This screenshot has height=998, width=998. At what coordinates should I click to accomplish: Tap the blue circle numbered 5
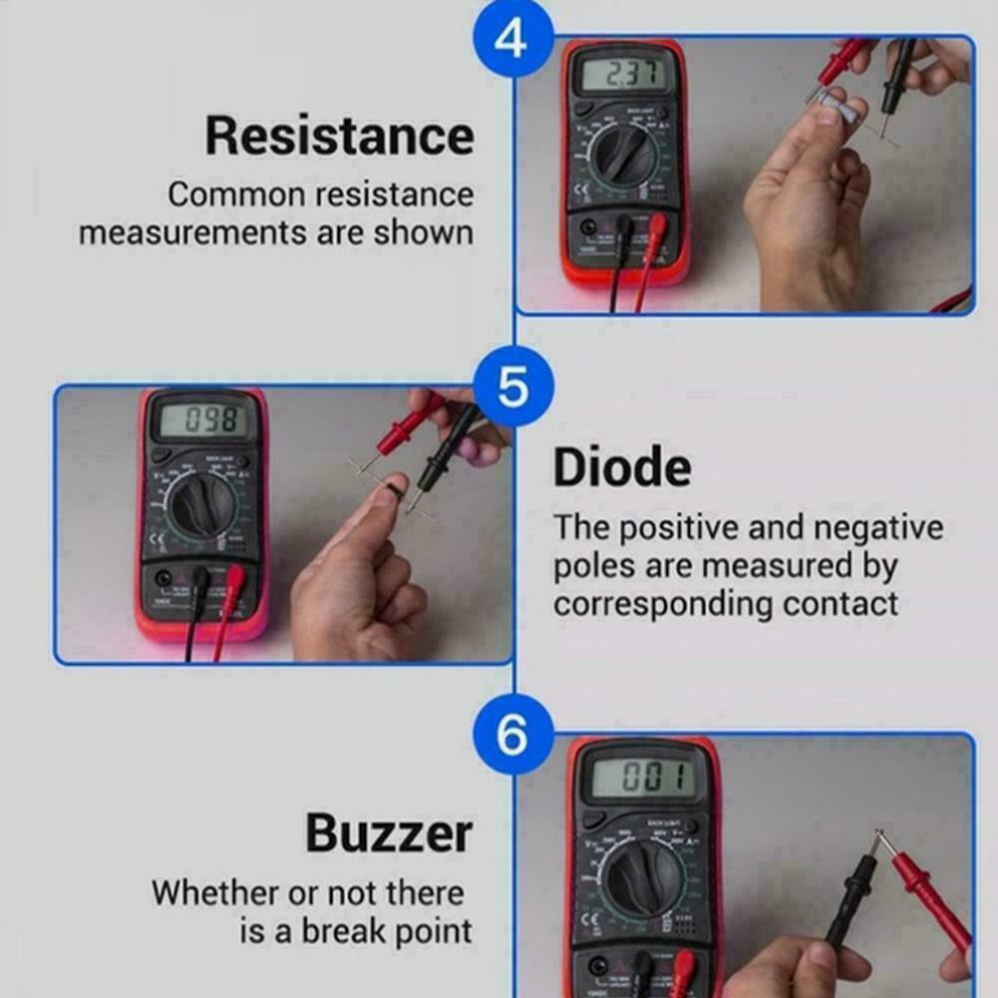(x=512, y=387)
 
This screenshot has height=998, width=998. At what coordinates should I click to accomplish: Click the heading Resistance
(x=339, y=136)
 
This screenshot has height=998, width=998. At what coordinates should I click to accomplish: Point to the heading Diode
(x=621, y=468)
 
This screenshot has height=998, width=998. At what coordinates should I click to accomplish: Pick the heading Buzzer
(x=389, y=832)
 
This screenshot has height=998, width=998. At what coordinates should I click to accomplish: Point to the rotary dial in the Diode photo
(x=200, y=502)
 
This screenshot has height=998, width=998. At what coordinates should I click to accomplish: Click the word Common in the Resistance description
(x=236, y=194)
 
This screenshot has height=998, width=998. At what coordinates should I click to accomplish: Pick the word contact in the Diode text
(x=840, y=603)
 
